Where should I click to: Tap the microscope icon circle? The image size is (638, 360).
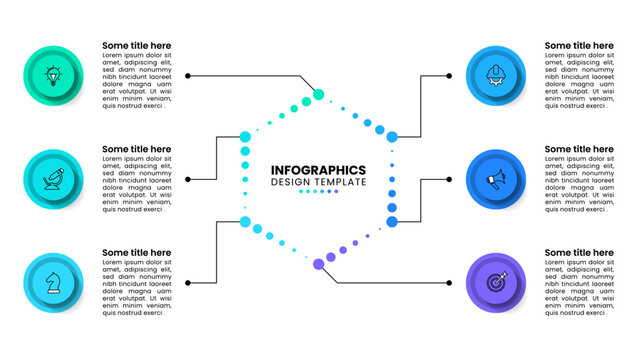(x=52, y=179)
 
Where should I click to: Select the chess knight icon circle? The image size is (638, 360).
(x=52, y=283)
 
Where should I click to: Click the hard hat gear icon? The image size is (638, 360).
(x=496, y=75)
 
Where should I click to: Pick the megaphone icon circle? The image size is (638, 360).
(x=496, y=179)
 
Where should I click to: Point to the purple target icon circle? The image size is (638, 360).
(x=496, y=283)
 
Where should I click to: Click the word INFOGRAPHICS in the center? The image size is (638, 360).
(x=318, y=170)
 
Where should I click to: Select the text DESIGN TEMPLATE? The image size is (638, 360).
(x=318, y=182)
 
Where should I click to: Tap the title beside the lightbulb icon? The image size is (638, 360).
(x=136, y=45)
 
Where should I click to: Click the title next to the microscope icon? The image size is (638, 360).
(x=136, y=149)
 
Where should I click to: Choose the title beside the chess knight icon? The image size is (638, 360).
(x=136, y=253)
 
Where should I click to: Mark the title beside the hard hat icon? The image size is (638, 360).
(x=579, y=45)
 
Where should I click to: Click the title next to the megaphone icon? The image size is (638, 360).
(x=579, y=149)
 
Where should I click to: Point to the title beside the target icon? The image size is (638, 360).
(x=579, y=253)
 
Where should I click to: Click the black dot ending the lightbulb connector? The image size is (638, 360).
(x=188, y=75)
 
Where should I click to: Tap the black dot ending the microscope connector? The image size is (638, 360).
(x=188, y=179)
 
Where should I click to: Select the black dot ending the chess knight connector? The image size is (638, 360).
(x=188, y=283)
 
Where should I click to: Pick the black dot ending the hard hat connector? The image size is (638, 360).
(x=449, y=75)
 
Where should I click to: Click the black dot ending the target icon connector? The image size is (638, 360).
(x=449, y=283)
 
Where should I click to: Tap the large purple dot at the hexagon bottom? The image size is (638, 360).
(x=319, y=264)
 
